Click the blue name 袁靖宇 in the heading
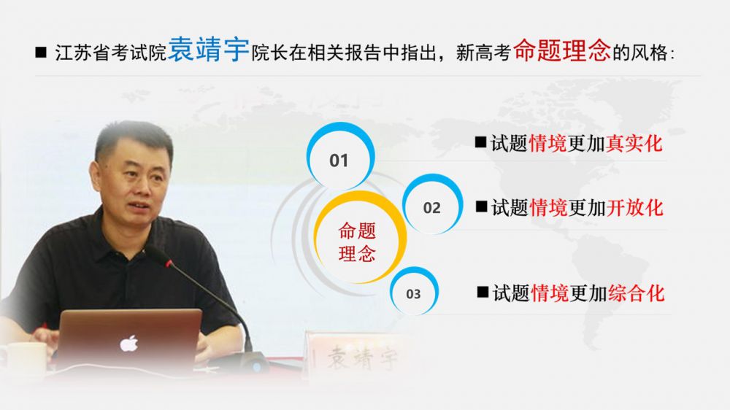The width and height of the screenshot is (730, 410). (x=209, y=50)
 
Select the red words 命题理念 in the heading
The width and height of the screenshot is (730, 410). (x=562, y=50)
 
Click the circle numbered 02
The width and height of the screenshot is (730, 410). (x=432, y=204)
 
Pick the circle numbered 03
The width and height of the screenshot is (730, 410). (x=414, y=291)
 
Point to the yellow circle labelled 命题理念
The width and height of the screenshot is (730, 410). (x=359, y=237)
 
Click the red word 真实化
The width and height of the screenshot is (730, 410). (x=634, y=143)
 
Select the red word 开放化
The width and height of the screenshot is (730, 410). (x=635, y=208)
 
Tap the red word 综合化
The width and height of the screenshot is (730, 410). (x=637, y=293)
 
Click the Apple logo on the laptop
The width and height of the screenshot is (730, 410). (x=129, y=344)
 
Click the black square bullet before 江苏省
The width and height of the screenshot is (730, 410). (x=41, y=52)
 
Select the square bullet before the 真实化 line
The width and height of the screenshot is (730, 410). (x=480, y=142)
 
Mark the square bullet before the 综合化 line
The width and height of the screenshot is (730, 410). (x=483, y=292)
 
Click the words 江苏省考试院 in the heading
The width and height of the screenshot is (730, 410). (x=111, y=53)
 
